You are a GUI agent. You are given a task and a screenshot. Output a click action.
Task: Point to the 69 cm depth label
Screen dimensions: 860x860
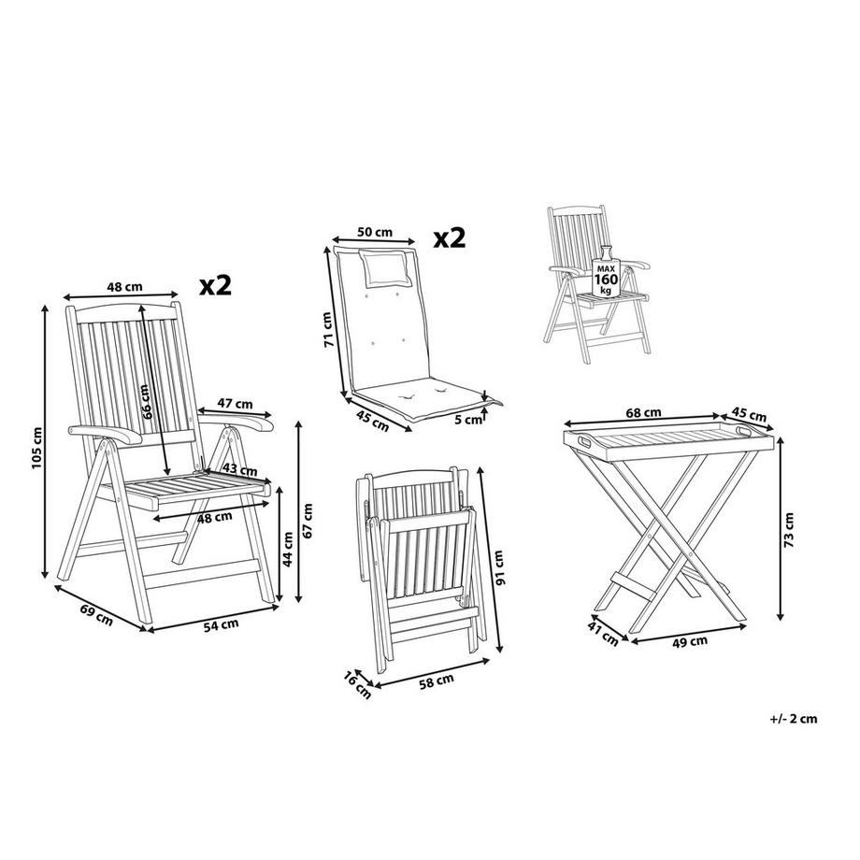pyautogui.click(x=96, y=617)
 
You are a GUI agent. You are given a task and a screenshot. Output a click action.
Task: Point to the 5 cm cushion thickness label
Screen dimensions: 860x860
pyautogui.click(x=474, y=420)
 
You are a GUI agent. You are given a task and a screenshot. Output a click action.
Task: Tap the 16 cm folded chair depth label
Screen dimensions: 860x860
pyautogui.click(x=357, y=682)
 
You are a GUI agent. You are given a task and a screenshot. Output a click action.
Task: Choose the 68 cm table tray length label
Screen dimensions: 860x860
pyautogui.click(x=644, y=411)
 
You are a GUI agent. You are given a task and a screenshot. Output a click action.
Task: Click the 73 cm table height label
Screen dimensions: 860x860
pyautogui.click(x=790, y=528)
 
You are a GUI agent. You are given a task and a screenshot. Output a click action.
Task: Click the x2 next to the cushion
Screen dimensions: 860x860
pyautogui.click(x=449, y=237)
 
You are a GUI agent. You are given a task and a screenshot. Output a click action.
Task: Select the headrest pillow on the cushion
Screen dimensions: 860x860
pyautogui.click(x=383, y=268)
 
